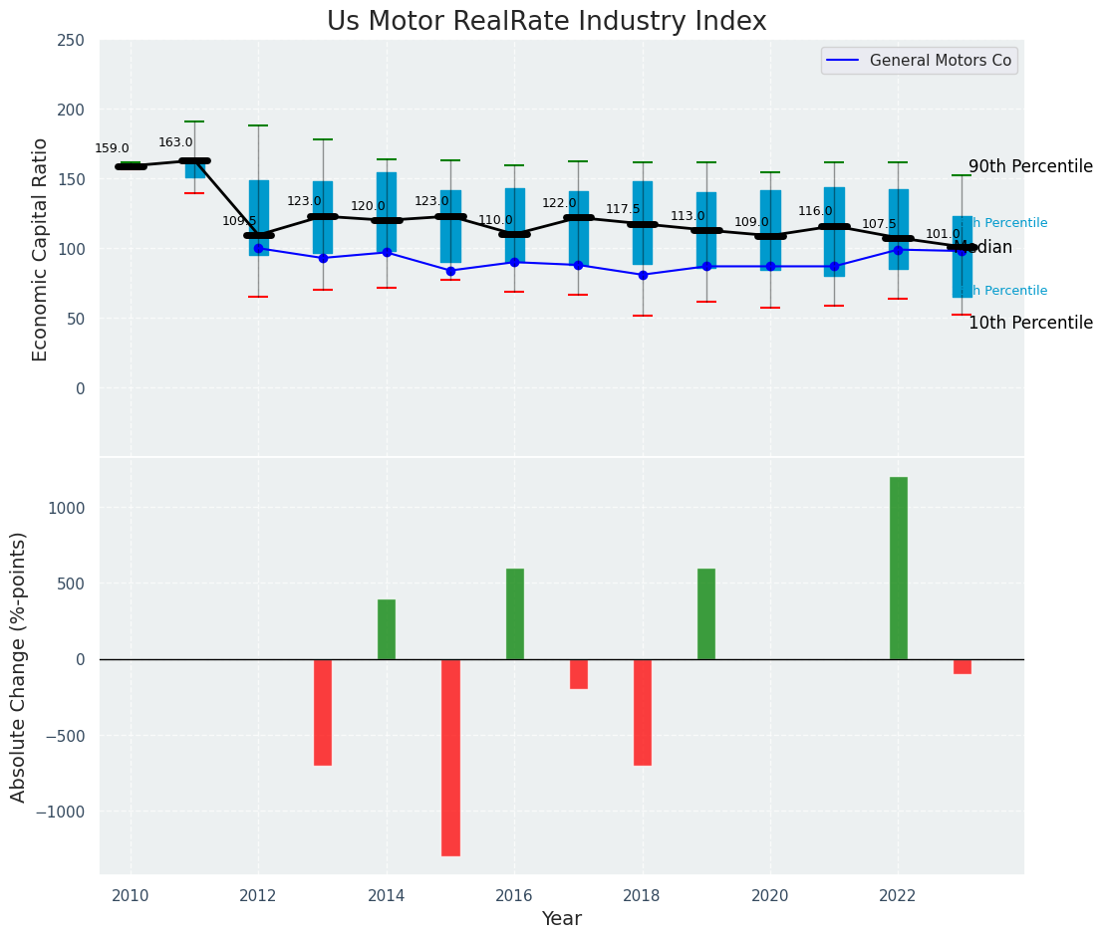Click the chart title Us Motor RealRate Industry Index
coord(546,22)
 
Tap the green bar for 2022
coord(898,568)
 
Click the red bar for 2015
coord(450,757)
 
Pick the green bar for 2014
coord(387,629)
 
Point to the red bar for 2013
coord(323,712)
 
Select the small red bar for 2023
coord(962,666)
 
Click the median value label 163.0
coord(175,142)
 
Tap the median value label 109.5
coord(239,221)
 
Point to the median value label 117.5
coord(623,209)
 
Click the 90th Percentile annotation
coord(1030,166)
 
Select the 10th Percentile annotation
coord(1030,323)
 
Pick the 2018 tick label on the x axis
coord(643,896)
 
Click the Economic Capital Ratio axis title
coord(40,249)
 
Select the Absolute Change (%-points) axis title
coord(19,666)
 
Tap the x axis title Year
coord(561,919)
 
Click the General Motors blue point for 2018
coord(643,275)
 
